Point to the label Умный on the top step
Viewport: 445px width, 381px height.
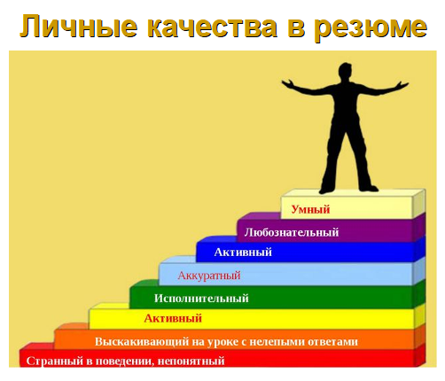pos(310,210)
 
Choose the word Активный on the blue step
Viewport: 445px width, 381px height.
pos(242,253)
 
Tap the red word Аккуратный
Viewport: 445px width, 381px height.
pos(208,276)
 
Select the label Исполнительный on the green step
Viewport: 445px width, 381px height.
pos(201,299)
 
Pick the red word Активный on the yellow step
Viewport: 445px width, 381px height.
pos(173,318)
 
